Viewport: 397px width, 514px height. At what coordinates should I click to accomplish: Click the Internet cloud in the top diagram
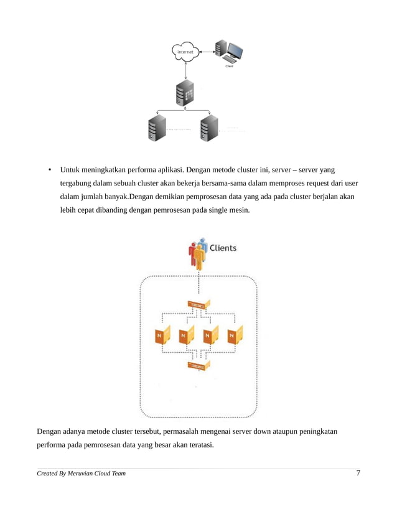tap(185, 52)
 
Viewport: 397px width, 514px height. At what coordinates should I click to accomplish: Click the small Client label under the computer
tap(229, 67)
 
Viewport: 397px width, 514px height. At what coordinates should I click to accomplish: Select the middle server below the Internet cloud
tap(185, 94)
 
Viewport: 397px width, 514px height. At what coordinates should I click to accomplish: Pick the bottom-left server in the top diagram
tap(156, 129)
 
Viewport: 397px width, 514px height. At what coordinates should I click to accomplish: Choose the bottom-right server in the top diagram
tap(209, 129)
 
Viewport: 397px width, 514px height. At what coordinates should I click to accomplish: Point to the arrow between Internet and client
tap(206, 52)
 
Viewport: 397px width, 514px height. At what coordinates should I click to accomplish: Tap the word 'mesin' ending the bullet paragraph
tap(240, 210)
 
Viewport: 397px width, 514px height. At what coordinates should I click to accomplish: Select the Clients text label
tap(223, 248)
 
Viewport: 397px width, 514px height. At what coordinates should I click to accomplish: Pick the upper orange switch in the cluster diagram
tap(198, 305)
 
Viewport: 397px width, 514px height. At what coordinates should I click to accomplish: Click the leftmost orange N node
tap(161, 335)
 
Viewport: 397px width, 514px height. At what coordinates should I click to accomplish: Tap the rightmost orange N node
tap(234, 335)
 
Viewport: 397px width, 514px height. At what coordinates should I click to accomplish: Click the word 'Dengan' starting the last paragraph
tap(50, 431)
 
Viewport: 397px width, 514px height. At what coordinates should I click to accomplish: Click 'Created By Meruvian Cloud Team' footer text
tap(81, 474)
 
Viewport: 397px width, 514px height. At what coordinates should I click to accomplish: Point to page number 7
tap(358, 474)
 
